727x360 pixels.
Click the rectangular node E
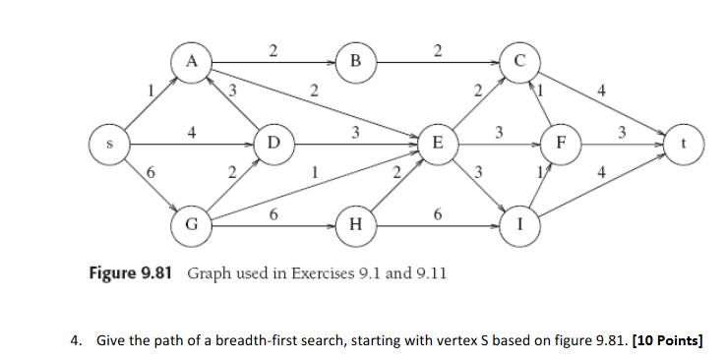436,145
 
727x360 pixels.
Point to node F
560,144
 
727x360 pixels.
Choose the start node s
109,144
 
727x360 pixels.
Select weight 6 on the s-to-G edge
151,174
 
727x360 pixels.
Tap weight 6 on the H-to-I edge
435,213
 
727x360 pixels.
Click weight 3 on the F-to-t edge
621,131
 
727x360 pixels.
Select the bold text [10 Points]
670,341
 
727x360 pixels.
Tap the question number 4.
75,341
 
